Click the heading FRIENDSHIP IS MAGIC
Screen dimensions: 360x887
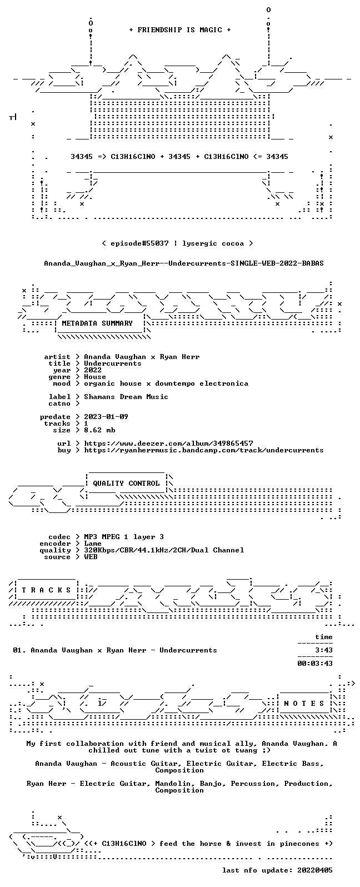pos(179,30)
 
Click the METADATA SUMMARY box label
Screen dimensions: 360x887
pos(97,323)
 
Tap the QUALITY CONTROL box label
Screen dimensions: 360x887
pos(126,484)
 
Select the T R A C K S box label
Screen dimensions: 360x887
pos(46,590)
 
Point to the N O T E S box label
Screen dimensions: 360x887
pos(304,704)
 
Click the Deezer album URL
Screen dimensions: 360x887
pos(168,443)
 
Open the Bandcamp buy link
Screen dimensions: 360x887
pos(203,450)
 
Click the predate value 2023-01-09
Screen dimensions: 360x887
pos(106,417)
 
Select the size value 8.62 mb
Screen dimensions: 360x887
pos(99,430)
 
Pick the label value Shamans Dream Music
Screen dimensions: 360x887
pos(126,397)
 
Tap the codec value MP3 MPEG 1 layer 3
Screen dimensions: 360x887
pos(123,537)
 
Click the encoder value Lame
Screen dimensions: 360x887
pos(93,544)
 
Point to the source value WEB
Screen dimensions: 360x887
pos(91,557)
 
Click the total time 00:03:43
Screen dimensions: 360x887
pos(315,663)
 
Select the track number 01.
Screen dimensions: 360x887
pos(18,650)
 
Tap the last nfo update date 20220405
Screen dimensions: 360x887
pos(315,870)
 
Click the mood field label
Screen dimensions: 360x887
pos(62,383)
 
